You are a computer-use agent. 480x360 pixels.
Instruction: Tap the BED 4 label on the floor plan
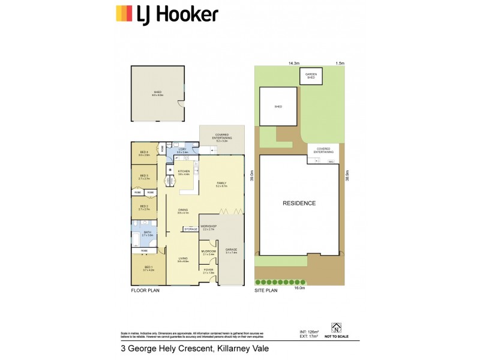point(144,152)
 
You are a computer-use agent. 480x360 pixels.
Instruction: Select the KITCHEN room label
point(183,172)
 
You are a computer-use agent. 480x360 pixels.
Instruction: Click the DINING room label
point(183,211)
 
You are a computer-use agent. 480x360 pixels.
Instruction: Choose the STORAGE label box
point(191,229)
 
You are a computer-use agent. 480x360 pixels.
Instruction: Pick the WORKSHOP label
point(208,227)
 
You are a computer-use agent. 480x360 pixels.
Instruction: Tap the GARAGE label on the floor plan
point(231,250)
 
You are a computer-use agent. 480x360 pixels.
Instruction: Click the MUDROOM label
point(209,252)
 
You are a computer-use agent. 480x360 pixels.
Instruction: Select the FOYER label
point(208,271)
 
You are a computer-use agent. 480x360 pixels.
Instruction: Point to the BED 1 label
point(149,268)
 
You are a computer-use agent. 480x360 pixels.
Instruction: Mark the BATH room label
point(146,232)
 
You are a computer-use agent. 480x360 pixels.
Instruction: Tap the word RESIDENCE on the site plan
point(299,203)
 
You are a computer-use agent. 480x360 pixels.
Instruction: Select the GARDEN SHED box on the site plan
point(310,76)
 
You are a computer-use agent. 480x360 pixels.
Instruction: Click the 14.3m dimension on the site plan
point(293,63)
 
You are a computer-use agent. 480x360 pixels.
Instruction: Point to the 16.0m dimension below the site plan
point(299,289)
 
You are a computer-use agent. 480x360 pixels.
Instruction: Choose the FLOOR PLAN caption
point(145,290)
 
